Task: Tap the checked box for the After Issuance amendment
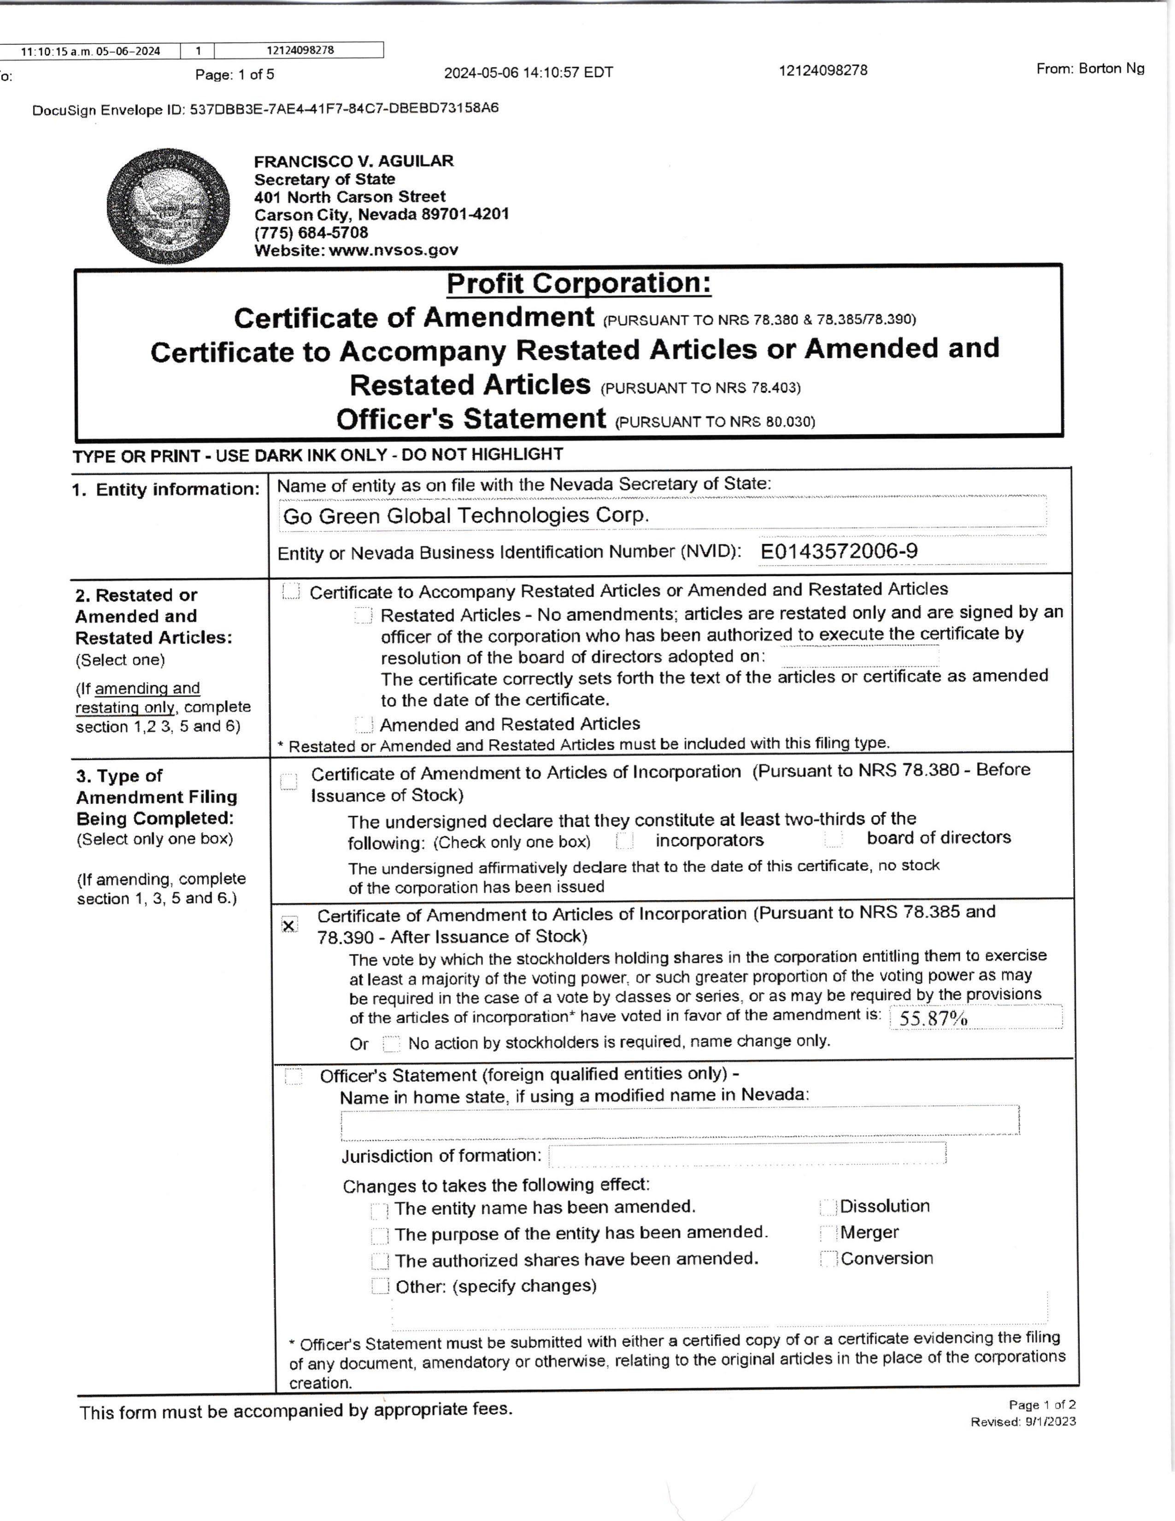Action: click(289, 925)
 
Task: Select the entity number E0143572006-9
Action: click(838, 552)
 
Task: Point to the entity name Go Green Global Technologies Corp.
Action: click(465, 515)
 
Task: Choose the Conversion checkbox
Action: click(828, 1259)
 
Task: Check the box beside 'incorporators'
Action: click(624, 841)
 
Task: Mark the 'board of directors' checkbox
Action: click(833, 839)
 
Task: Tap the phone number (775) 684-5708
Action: click(311, 233)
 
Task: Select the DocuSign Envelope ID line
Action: click(265, 109)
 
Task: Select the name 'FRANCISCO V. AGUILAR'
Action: click(353, 161)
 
